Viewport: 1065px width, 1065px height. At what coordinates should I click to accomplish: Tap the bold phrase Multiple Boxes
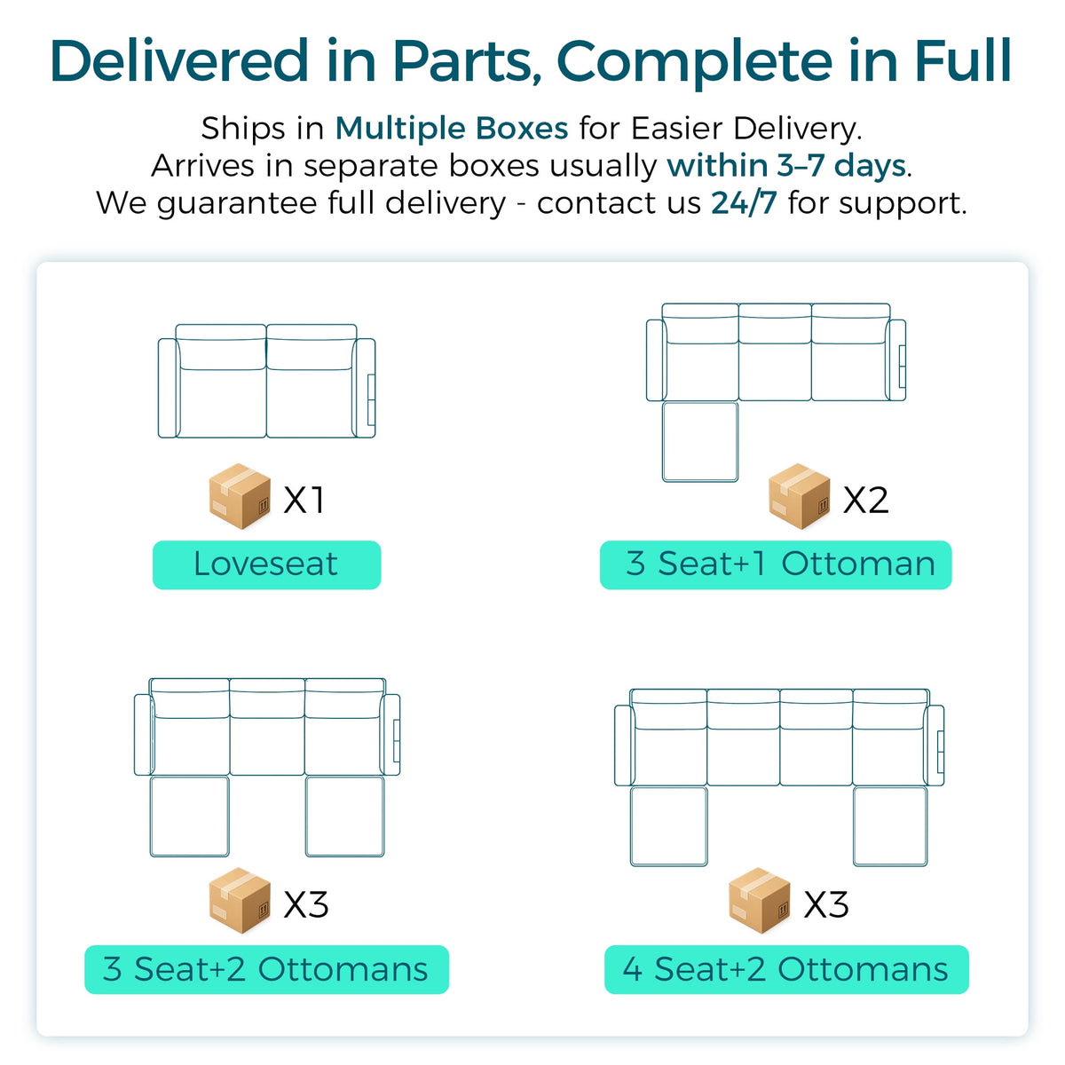coord(452,129)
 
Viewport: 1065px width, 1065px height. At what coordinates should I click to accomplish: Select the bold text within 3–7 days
coord(786,166)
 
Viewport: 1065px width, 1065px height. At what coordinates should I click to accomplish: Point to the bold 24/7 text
coord(744,203)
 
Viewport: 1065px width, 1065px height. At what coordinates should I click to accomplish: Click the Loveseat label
coord(266,564)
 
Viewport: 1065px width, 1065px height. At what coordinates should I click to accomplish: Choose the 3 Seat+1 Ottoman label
coord(776,564)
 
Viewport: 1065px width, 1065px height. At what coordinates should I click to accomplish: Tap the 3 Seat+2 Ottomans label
coord(266,969)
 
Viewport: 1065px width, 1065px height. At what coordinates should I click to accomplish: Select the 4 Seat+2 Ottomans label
coord(786,969)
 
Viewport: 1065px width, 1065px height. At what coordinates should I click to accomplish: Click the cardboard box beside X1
coord(240,496)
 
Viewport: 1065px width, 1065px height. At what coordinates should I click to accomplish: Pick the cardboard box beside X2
coord(800,496)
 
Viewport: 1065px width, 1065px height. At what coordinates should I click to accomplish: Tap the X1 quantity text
coord(304,501)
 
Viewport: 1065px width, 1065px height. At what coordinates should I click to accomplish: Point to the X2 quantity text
coord(865,501)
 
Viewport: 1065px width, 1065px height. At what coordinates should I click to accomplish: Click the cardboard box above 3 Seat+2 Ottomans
coord(240,901)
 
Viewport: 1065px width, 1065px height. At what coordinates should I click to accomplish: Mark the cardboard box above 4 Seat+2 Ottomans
coord(760,901)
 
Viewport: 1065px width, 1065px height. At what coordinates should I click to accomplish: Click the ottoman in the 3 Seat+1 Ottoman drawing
coord(700,442)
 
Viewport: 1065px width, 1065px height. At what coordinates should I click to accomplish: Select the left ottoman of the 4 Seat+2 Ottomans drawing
coord(669,826)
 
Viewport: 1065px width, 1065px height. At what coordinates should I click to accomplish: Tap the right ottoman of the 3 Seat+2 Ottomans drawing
coord(345,816)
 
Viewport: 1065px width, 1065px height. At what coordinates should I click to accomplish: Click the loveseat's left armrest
coord(168,388)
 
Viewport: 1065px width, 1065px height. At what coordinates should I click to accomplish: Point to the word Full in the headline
coord(963,61)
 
